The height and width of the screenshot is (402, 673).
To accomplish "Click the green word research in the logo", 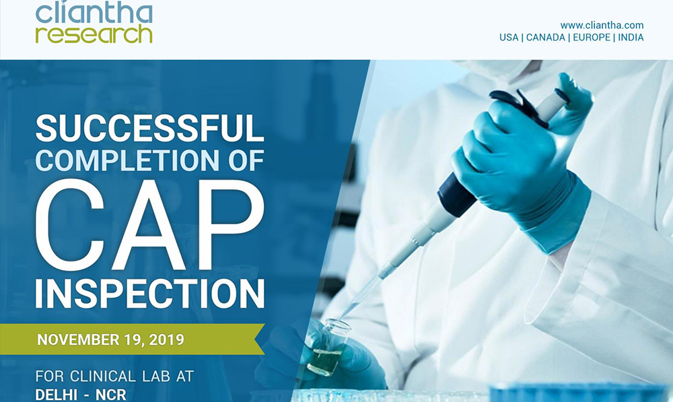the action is [x=94, y=34].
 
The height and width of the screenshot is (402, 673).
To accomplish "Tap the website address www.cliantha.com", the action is [x=602, y=26].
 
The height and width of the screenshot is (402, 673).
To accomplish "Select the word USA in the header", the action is [x=509, y=37].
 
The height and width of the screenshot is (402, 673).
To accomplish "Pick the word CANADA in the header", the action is [x=546, y=37].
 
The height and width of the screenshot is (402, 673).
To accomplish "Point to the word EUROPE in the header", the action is [x=592, y=37].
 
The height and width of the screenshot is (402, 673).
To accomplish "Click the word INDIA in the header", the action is [x=631, y=37].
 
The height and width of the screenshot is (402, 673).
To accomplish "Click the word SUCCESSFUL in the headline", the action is [x=149, y=129].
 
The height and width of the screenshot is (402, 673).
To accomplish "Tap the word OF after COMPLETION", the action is [x=247, y=160].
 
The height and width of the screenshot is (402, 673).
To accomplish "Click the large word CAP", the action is [x=149, y=225].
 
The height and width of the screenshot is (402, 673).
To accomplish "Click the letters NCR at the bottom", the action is [x=111, y=395].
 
